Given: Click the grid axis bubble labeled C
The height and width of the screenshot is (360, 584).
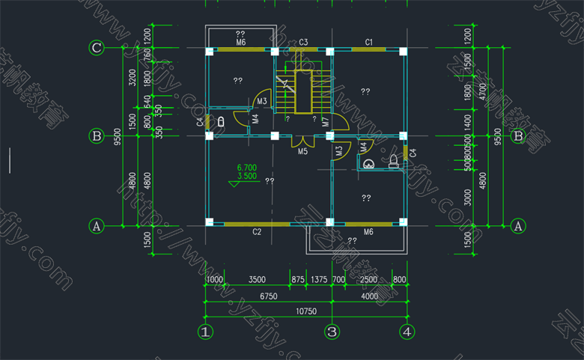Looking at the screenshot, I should tap(96, 49).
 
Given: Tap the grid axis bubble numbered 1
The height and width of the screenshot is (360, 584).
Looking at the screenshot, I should tap(206, 331).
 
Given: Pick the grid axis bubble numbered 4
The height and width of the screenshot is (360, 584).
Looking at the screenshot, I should tap(407, 331).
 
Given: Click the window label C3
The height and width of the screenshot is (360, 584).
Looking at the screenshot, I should tap(304, 42).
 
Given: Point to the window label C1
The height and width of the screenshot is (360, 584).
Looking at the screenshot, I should tap(369, 42).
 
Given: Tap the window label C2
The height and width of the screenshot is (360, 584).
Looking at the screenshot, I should tap(256, 232).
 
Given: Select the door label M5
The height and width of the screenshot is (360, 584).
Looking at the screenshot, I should tap(302, 152).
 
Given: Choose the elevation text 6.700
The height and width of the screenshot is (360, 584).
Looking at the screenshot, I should tap(246, 167).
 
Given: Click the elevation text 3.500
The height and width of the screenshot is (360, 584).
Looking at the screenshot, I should tap(246, 177).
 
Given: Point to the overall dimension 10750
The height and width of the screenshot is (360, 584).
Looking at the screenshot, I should tap(306, 311).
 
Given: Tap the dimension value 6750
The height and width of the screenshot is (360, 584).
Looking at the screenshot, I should tap(267, 296).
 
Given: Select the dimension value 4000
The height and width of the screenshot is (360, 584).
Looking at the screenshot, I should tap(369, 296).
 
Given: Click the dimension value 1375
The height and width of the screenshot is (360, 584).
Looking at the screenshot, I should tap(319, 279).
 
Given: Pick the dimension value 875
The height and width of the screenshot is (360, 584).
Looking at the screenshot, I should tap(298, 279).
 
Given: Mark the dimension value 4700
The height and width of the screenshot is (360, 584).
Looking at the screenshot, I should tap(483, 91).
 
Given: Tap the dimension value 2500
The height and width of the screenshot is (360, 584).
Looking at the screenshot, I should tap(368, 279).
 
